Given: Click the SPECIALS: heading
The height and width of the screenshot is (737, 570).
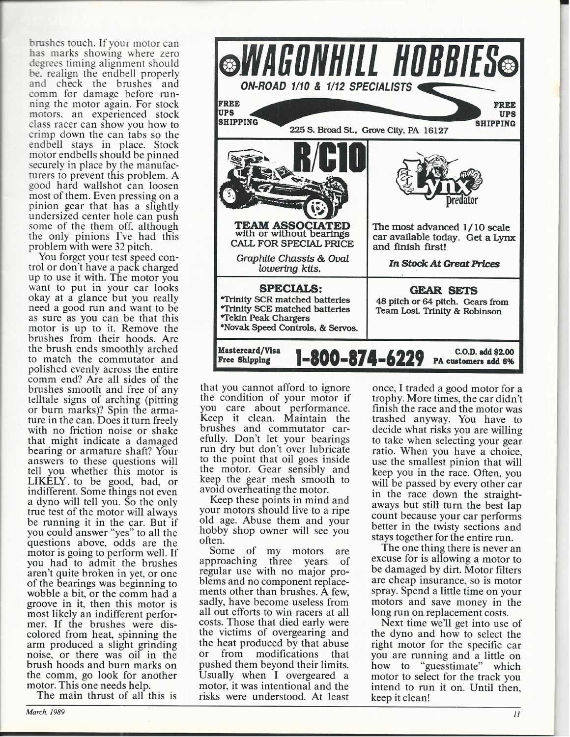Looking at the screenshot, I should coord(293,288).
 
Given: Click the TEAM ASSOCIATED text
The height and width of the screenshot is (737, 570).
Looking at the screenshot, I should coord(293,225).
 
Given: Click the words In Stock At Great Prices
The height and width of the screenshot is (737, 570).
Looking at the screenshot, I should coord(444,264).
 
